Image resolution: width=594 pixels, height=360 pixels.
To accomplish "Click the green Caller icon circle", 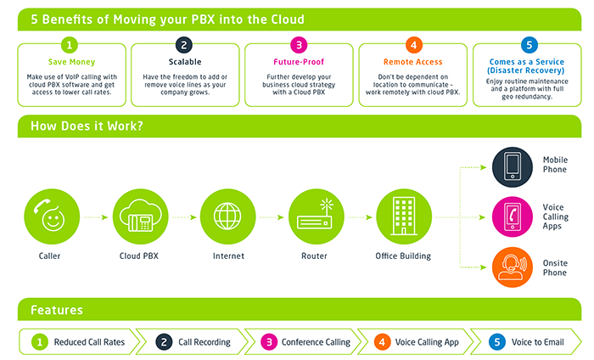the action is click(x=52, y=217).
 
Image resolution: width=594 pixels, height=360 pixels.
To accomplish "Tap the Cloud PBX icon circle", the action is click(x=141, y=217).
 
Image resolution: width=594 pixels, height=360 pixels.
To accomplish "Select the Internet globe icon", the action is click(x=227, y=217).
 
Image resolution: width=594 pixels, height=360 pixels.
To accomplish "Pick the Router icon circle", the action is click(x=317, y=217).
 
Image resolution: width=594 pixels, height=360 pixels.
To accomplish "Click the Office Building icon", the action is click(x=404, y=217).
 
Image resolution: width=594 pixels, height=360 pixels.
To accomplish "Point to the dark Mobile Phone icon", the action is click(x=513, y=167).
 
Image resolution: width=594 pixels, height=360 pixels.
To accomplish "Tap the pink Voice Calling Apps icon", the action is click(x=513, y=217).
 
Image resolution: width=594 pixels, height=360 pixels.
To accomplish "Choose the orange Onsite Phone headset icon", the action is click(x=513, y=267).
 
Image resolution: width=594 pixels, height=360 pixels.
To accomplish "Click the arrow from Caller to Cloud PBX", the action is click(x=96, y=217).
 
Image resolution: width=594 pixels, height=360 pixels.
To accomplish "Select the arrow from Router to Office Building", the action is click(x=361, y=217).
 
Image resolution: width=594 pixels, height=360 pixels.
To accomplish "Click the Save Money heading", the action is click(x=71, y=62).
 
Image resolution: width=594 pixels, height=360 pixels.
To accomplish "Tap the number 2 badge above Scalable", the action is click(x=184, y=46).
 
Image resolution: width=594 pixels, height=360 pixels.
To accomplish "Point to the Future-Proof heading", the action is click(x=299, y=62).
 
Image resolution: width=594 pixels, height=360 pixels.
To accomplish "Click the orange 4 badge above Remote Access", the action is click(x=414, y=46).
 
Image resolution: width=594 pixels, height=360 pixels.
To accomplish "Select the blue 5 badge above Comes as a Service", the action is click(x=530, y=46).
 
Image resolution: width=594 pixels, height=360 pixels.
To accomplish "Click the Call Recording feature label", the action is click(x=205, y=342).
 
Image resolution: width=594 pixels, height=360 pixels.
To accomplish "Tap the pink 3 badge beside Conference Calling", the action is click(x=269, y=342).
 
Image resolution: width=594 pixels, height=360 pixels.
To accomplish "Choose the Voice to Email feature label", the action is click(x=537, y=342).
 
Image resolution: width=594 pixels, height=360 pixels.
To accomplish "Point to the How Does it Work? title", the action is click(x=87, y=126).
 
